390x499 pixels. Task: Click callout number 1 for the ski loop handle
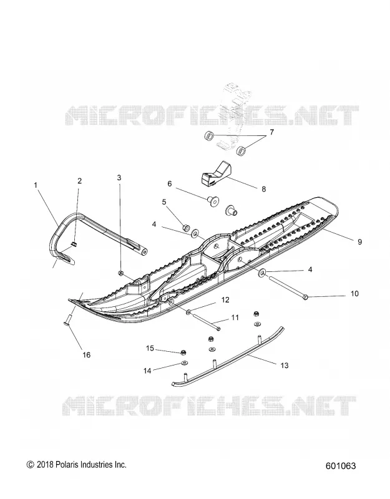click(36, 185)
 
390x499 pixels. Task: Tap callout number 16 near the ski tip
click(86, 354)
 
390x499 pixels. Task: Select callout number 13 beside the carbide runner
click(285, 366)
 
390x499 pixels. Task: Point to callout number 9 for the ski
click(359, 242)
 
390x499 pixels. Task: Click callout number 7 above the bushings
click(271, 132)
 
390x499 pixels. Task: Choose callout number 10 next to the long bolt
click(354, 293)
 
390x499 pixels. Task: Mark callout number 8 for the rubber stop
click(263, 189)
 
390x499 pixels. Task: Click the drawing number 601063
click(341, 466)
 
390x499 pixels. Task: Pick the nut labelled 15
click(183, 352)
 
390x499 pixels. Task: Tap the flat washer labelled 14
click(183, 363)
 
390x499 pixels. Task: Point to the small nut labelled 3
click(120, 273)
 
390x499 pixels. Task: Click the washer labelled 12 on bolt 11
click(189, 311)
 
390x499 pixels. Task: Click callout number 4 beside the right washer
click(310, 270)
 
